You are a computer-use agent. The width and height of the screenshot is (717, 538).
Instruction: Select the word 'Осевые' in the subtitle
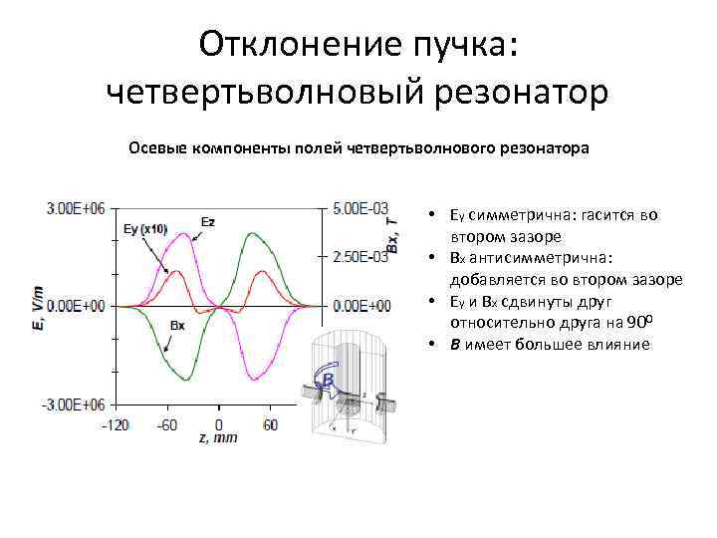click(157, 147)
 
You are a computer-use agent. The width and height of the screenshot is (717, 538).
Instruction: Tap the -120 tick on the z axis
click(117, 424)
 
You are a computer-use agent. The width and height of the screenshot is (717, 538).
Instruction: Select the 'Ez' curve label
click(207, 222)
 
